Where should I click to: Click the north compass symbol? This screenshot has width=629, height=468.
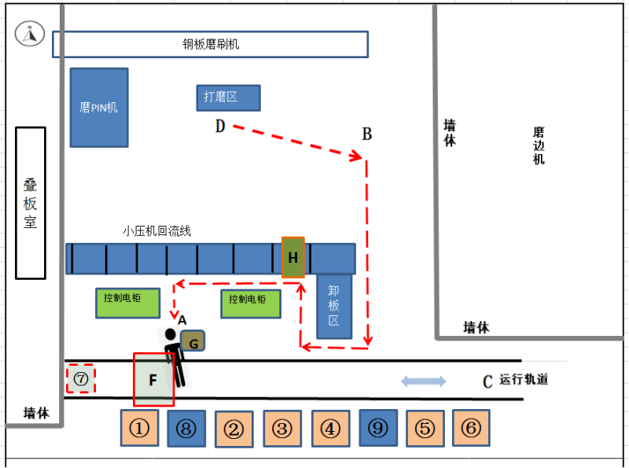click(30, 33)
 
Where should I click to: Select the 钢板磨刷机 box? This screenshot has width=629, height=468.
click(210, 44)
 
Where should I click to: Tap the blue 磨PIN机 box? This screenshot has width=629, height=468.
click(99, 107)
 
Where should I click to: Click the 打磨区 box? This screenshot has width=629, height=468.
click(228, 98)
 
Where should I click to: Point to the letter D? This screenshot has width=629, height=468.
click(220, 127)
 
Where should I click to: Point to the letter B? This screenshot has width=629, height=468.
click(366, 134)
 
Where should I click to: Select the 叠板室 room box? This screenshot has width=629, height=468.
click(31, 203)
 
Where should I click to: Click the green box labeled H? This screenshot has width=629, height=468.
click(293, 257)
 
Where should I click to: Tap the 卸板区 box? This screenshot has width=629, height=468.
click(333, 306)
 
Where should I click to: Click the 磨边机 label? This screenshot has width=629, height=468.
click(539, 146)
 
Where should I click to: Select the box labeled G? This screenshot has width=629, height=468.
click(193, 341)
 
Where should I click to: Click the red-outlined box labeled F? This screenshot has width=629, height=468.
click(153, 379)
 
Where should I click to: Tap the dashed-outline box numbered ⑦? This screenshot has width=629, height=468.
click(80, 379)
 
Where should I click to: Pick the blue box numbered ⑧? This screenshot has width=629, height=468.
click(186, 429)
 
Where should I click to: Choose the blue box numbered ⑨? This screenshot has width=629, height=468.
click(378, 429)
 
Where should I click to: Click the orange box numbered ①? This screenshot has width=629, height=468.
click(139, 429)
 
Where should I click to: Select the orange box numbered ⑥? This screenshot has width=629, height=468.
click(471, 429)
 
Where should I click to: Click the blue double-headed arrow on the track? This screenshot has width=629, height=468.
click(424, 381)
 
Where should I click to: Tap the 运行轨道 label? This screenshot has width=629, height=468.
click(523, 380)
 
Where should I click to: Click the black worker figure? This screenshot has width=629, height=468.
click(175, 358)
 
